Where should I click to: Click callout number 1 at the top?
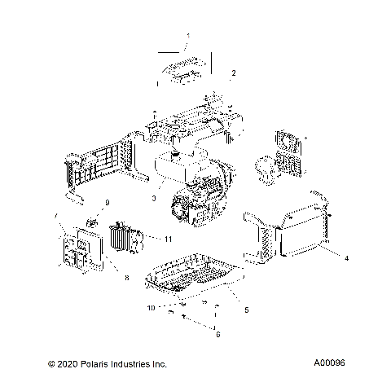(x=188, y=37)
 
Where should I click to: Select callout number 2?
(x=234, y=73)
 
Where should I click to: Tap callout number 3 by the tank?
(x=153, y=199)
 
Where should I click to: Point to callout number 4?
(x=346, y=258)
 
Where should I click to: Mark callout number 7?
(x=55, y=215)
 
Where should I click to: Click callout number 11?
(x=168, y=239)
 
